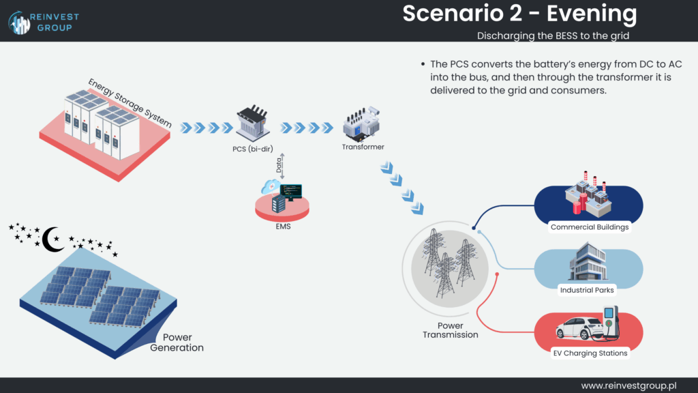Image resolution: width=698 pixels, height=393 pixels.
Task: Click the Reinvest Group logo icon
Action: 19,21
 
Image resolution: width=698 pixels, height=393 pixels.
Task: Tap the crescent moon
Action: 52,239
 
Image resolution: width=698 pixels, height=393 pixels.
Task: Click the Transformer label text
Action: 363,147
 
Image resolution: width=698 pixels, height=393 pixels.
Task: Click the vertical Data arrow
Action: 282,166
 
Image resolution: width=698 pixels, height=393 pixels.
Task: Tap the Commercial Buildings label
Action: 590,227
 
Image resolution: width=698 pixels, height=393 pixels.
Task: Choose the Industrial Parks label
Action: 587,290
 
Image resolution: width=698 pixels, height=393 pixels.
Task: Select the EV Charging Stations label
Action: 590,353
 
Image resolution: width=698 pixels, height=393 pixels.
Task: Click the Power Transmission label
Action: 450,330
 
